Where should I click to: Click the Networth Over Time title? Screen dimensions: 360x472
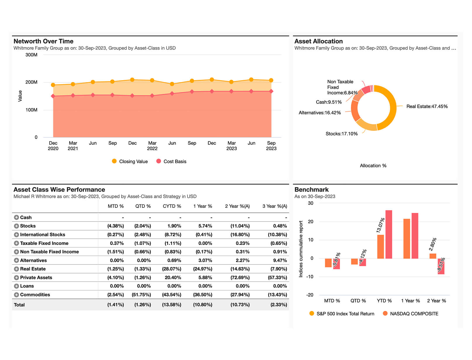[43, 41]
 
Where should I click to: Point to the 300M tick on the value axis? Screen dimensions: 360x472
[31, 55]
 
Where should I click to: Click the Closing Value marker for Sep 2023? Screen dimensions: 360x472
[271, 80]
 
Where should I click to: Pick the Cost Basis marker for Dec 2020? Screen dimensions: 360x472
[53, 96]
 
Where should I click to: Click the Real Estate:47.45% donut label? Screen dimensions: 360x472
[427, 106]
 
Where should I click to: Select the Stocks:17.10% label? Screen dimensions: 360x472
[341, 134]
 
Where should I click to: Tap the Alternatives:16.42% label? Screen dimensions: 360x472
[320, 113]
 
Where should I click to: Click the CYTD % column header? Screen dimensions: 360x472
[172, 206]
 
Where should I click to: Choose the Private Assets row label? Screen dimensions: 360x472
[36, 278]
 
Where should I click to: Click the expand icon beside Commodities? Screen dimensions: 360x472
[16, 295]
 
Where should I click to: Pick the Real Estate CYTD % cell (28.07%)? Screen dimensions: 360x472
[172, 269]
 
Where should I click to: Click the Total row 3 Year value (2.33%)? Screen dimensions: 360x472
[279, 305]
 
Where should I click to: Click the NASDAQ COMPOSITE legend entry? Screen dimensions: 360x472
[414, 314]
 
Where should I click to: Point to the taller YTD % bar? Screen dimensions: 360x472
[389, 234]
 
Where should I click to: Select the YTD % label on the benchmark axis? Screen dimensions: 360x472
[384, 301]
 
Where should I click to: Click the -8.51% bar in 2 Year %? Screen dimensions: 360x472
[441, 266]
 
